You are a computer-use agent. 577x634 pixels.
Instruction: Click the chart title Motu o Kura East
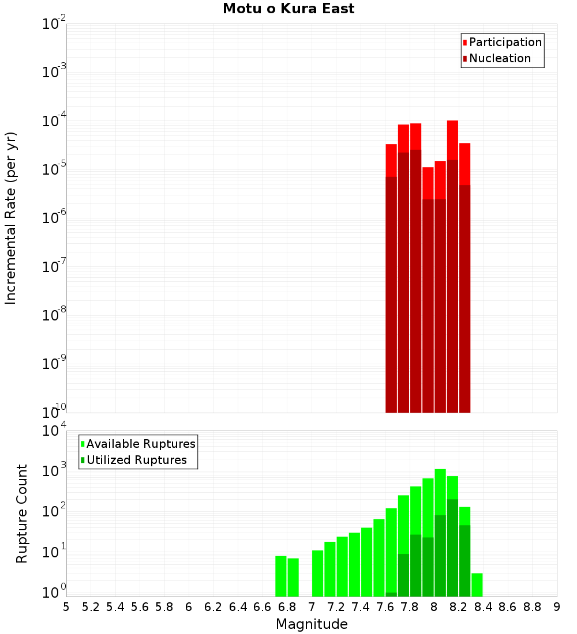[x=288, y=9]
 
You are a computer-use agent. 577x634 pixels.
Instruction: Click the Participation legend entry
[x=505, y=42]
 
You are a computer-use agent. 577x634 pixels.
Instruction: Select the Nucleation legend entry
[x=500, y=58]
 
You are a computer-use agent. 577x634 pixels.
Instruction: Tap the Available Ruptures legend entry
[x=141, y=444]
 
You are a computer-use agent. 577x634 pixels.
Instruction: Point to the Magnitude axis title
[x=312, y=624]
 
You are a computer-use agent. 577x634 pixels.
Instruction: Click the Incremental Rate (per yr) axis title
[x=11, y=218]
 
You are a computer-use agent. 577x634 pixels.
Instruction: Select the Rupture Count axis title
[x=22, y=514]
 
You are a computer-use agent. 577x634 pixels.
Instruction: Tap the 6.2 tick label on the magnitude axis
[x=213, y=606]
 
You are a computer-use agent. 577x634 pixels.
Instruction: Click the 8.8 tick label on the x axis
[x=533, y=606]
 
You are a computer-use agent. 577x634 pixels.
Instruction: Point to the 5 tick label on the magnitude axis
[x=66, y=606]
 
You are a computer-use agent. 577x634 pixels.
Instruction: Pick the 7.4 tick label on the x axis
[x=361, y=606]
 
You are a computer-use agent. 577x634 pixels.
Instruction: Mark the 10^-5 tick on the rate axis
[x=54, y=169]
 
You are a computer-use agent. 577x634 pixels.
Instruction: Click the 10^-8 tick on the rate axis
[x=54, y=315]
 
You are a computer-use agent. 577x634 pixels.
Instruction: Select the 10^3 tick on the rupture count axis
[x=54, y=470]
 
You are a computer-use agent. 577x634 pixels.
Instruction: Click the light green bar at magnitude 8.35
[x=477, y=585]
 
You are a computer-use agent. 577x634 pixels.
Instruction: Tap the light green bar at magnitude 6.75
[x=281, y=576]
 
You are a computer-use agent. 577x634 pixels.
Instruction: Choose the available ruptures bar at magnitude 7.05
[x=317, y=573]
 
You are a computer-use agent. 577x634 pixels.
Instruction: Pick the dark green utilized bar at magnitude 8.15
[x=452, y=548]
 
